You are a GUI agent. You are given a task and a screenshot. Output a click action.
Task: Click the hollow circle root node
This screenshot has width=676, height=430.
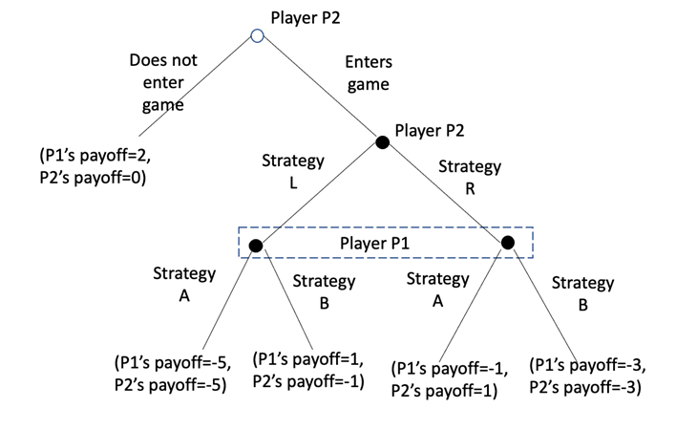point(256,36)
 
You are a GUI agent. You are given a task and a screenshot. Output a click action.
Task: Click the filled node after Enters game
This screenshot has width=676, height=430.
point(382,142)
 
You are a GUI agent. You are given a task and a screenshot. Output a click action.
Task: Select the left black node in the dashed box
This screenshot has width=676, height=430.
point(255,246)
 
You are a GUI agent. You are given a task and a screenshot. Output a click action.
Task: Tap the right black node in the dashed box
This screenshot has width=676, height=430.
point(507,243)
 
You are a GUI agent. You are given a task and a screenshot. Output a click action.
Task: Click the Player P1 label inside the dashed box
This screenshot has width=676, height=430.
point(381,243)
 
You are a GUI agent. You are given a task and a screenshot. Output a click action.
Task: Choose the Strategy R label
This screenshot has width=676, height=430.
point(469,176)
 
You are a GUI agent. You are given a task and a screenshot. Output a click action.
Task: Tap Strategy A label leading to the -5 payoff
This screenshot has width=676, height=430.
point(184,284)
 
